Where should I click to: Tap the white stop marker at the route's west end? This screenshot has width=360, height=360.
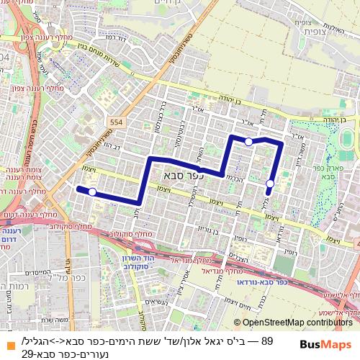tap(92, 192)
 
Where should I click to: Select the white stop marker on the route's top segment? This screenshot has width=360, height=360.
tap(248, 142)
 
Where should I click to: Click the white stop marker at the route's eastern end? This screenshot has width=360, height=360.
tap(270, 184)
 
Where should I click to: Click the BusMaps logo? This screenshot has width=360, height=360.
tap(326, 344)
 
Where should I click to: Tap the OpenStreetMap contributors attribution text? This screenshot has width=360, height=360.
tap(298, 322)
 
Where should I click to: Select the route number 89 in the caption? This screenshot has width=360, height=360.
tap(267, 340)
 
